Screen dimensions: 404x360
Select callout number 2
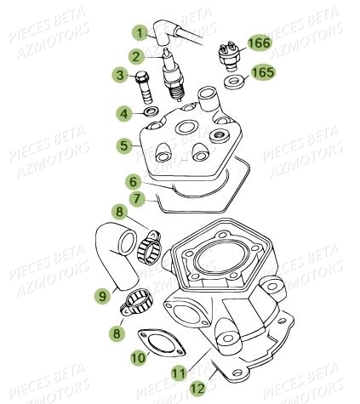(x=134, y=56)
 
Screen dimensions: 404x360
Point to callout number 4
(x=124, y=113)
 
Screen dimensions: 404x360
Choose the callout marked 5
(x=125, y=146)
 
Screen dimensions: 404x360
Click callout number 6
(x=133, y=181)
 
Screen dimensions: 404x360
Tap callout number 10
(x=137, y=358)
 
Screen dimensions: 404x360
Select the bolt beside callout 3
(x=144, y=87)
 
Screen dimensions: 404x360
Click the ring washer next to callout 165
(x=230, y=83)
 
